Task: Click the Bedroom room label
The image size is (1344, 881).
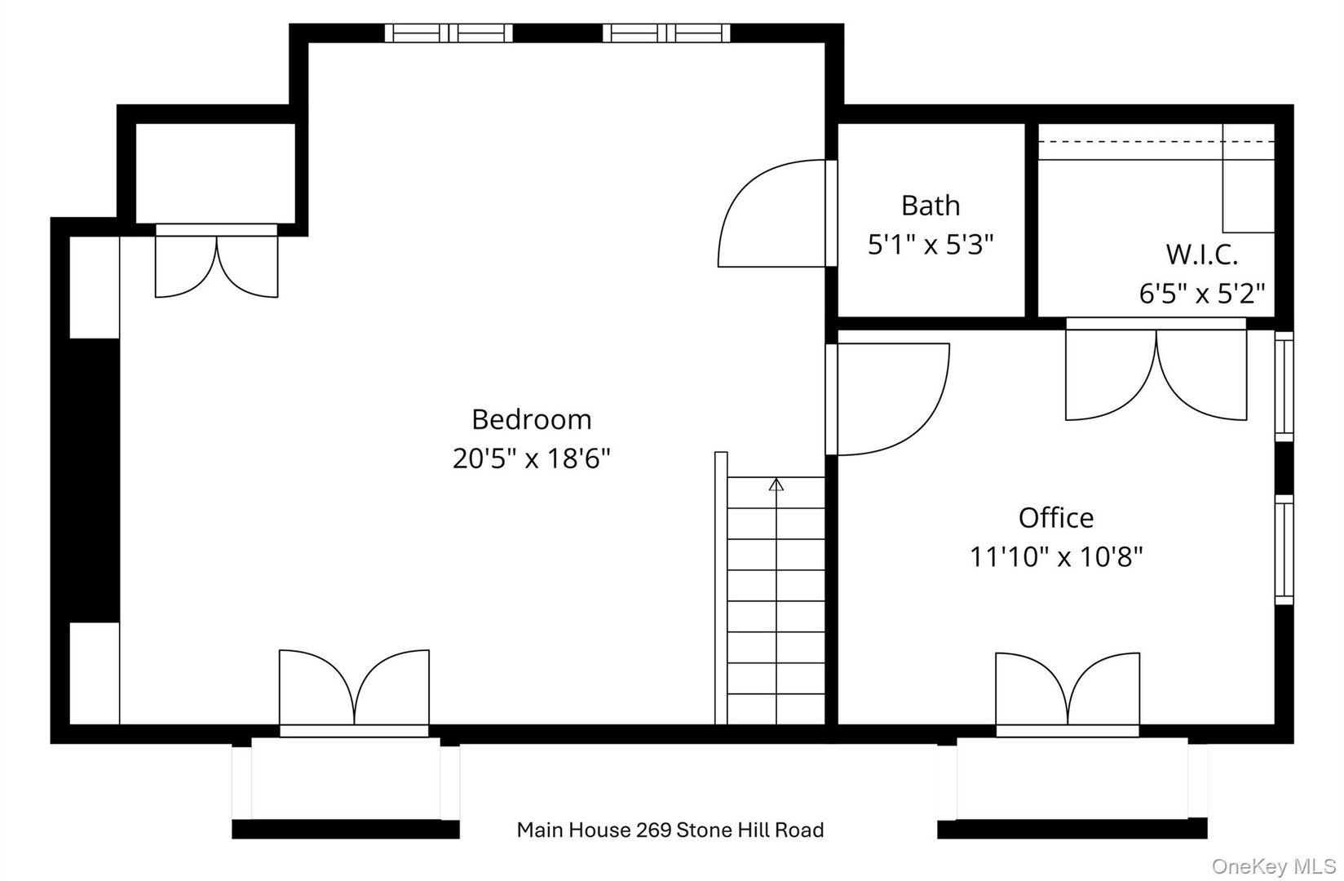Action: (x=531, y=419)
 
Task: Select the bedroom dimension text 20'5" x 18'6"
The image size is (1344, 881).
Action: (x=531, y=459)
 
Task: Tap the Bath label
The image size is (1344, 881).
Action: (x=930, y=206)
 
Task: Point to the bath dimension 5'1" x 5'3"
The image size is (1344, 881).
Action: (x=930, y=244)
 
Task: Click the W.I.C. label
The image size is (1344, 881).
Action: (x=1201, y=255)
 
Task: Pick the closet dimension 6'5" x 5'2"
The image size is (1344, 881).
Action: (x=1201, y=293)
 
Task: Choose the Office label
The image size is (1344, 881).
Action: (x=1056, y=518)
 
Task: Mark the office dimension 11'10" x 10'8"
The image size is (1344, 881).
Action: (x=1056, y=557)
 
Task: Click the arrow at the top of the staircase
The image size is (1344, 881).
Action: (x=776, y=485)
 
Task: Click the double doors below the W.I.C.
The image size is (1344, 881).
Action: (x=1156, y=374)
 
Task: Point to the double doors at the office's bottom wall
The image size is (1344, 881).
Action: (x=1067, y=689)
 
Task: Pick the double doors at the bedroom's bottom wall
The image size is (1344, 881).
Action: (x=354, y=689)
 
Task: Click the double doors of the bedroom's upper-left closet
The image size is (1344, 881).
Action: (x=217, y=265)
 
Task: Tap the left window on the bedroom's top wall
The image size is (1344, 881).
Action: (x=449, y=33)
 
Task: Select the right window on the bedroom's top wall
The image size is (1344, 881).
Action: (x=666, y=33)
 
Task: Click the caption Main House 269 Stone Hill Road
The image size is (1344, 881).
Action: (x=670, y=830)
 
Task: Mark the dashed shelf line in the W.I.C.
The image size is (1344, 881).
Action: (x=1154, y=141)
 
